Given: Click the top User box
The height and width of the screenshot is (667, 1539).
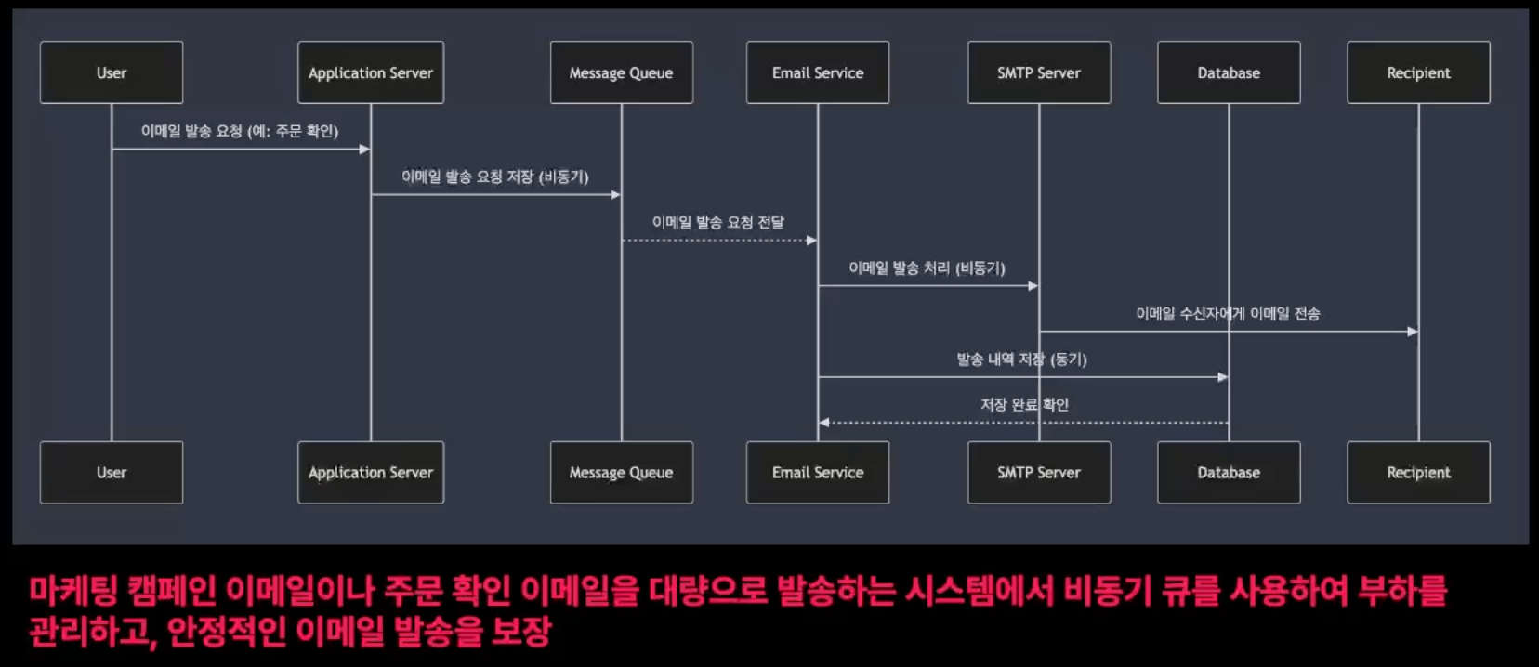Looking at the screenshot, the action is [x=112, y=72].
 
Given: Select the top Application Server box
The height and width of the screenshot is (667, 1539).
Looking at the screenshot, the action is [x=371, y=72].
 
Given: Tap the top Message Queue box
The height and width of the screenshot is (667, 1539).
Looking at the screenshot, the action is [x=621, y=72].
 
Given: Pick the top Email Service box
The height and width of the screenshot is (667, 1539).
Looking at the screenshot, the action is [x=818, y=72].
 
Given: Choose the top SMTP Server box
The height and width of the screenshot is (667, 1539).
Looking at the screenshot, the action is [x=1039, y=72].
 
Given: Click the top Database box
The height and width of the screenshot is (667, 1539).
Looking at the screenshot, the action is [x=1229, y=72].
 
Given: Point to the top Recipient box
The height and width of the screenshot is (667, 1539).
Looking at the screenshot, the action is [x=1418, y=72].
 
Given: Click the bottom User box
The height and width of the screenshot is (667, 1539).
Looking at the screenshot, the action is [x=112, y=472].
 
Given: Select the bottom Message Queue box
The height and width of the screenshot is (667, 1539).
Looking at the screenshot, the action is [x=621, y=472].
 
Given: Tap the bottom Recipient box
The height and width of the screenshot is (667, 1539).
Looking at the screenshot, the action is [x=1418, y=472].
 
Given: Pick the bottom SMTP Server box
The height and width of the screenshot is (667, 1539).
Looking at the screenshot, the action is [x=1039, y=472].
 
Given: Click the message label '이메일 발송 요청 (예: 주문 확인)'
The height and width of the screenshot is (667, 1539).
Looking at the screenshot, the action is [x=240, y=131].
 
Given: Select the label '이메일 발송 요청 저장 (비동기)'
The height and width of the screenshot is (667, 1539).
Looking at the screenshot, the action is [x=495, y=177].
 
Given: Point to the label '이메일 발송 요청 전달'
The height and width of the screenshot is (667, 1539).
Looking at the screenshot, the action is [x=718, y=222].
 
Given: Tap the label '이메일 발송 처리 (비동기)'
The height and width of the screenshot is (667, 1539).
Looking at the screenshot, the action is [x=927, y=268].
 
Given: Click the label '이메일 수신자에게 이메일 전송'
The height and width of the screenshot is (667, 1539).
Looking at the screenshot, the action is [x=1228, y=313].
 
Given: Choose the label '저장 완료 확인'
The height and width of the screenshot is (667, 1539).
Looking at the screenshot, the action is [x=1024, y=404].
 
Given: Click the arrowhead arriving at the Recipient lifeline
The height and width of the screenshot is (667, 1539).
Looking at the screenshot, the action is [x=1413, y=332].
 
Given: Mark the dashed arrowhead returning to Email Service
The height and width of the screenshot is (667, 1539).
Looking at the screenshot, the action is [x=824, y=423].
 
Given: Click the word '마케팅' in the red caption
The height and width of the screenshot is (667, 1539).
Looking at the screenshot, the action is [x=75, y=591].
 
